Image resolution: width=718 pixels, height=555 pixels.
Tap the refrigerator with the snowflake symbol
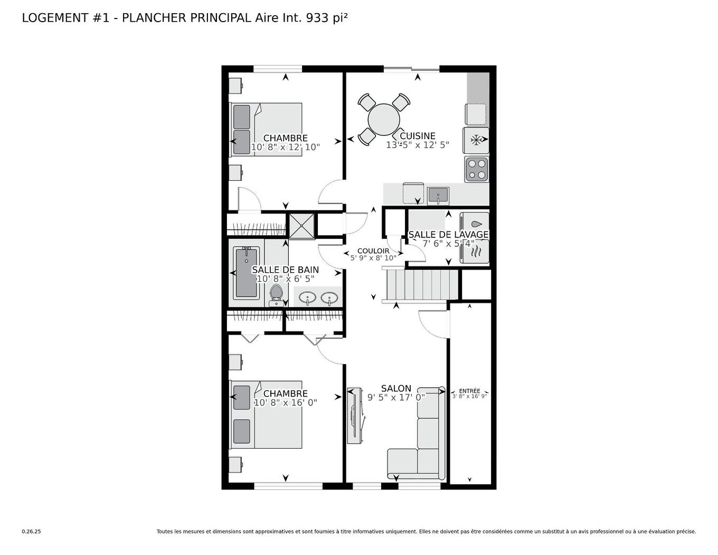point(476,140)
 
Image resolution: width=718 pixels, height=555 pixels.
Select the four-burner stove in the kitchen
point(477,169)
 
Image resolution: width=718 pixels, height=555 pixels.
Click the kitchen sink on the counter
point(438,196)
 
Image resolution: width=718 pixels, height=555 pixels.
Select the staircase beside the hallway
point(421,285)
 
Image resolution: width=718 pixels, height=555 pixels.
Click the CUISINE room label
point(418,136)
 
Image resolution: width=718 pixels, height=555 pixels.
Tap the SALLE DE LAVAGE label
point(448,234)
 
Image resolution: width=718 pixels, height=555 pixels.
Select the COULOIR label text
point(373,251)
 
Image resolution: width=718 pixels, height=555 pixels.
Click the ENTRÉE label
point(469,391)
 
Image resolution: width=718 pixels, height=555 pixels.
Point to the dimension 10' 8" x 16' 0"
point(286,402)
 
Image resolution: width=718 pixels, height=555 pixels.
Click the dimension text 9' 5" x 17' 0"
point(396,397)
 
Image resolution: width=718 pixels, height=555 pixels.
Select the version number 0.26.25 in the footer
point(31,532)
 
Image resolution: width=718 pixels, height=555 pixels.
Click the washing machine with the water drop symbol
point(475,224)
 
